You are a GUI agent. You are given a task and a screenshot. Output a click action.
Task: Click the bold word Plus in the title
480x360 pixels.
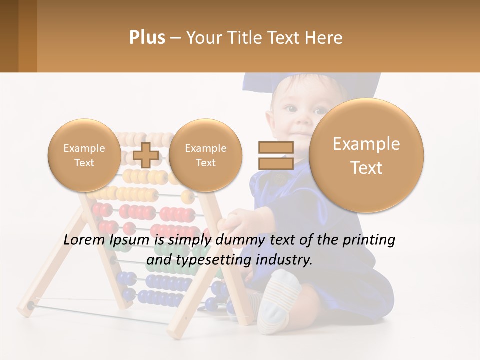click(147, 38)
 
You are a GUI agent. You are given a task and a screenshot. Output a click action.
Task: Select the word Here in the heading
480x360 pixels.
click(325, 38)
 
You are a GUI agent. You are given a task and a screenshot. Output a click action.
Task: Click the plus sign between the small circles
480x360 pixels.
click(146, 155)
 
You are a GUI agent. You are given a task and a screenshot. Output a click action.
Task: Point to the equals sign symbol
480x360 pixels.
click(275, 155)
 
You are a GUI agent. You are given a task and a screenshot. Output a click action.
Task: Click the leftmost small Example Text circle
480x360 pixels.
click(84, 155)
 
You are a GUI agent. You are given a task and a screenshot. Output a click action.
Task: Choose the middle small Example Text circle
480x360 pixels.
click(205, 155)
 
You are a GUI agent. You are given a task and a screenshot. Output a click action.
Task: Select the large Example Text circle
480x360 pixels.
click(366, 155)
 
